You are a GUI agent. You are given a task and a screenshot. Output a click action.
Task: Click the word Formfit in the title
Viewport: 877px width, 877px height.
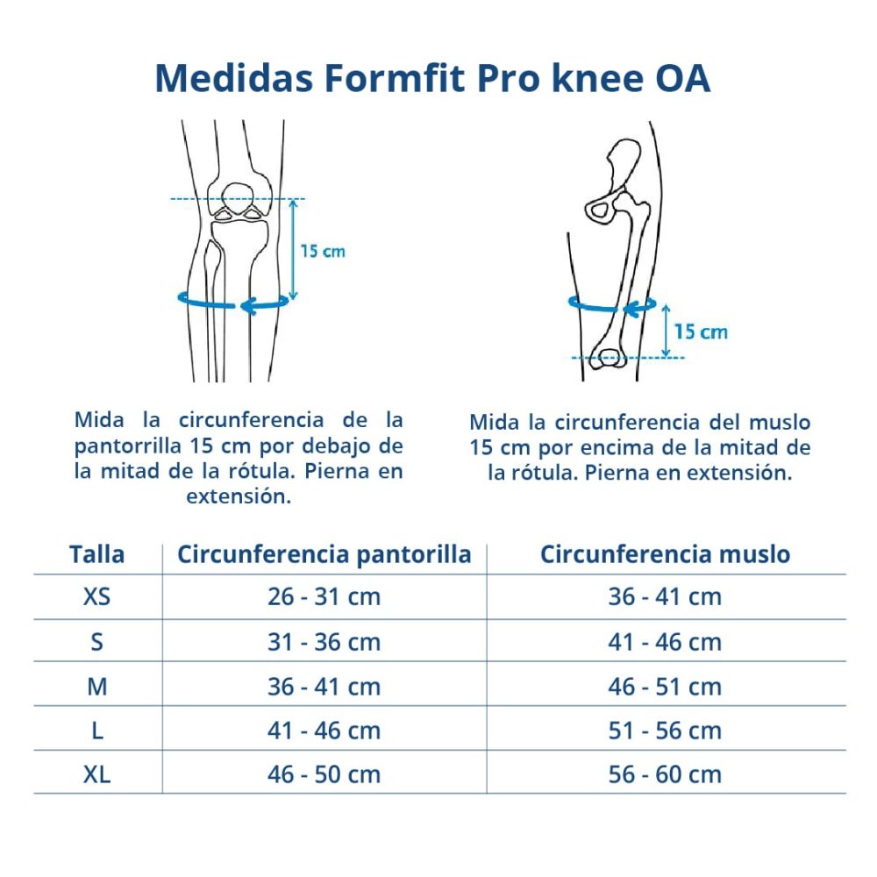pyautogui.click(x=394, y=78)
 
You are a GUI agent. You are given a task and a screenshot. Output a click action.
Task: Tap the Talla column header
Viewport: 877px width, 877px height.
pyautogui.click(x=96, y=554)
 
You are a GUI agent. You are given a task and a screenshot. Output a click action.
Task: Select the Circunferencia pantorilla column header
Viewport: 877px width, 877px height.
pyautogui.click(x=324, y=554)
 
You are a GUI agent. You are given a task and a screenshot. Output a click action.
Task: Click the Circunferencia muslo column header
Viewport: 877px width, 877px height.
pyautogui.click(x=665, y=554)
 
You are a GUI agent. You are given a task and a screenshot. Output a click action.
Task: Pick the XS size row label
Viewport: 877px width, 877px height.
pyautogui.click(x=96, y=596)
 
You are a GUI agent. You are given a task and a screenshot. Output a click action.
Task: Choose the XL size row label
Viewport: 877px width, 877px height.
pyautogui.click(x=96, y=774)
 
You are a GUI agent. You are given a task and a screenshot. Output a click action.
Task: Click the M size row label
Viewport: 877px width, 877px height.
pyautogui.click(x=96, y=687)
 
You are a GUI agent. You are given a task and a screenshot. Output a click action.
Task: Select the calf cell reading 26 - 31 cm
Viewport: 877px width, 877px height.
pyautogui.click(x=324, y=596)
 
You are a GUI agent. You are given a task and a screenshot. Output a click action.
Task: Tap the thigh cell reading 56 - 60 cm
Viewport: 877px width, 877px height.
pyautogui.click(x=665, y=774)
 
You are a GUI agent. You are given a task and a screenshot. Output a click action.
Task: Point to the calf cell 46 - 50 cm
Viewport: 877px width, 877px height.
pyautogui.click(x=324, y=774)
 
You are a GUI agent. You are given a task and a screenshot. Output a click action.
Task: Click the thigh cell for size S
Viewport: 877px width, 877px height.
pyautogui.click(x=665, y=642)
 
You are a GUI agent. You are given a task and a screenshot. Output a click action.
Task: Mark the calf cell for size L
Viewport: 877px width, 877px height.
pyautogui.click(x=324, y=731)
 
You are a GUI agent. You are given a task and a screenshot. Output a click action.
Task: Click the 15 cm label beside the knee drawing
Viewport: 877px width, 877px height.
pyautogui.click(x=323, y=251)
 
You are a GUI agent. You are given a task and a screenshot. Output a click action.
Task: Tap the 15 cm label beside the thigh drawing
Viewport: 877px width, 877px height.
pyautogui.click(x=701, y=332)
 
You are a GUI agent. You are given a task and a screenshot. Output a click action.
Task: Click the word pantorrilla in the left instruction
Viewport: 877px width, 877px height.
pyautogui.click(x=128, y=446)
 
